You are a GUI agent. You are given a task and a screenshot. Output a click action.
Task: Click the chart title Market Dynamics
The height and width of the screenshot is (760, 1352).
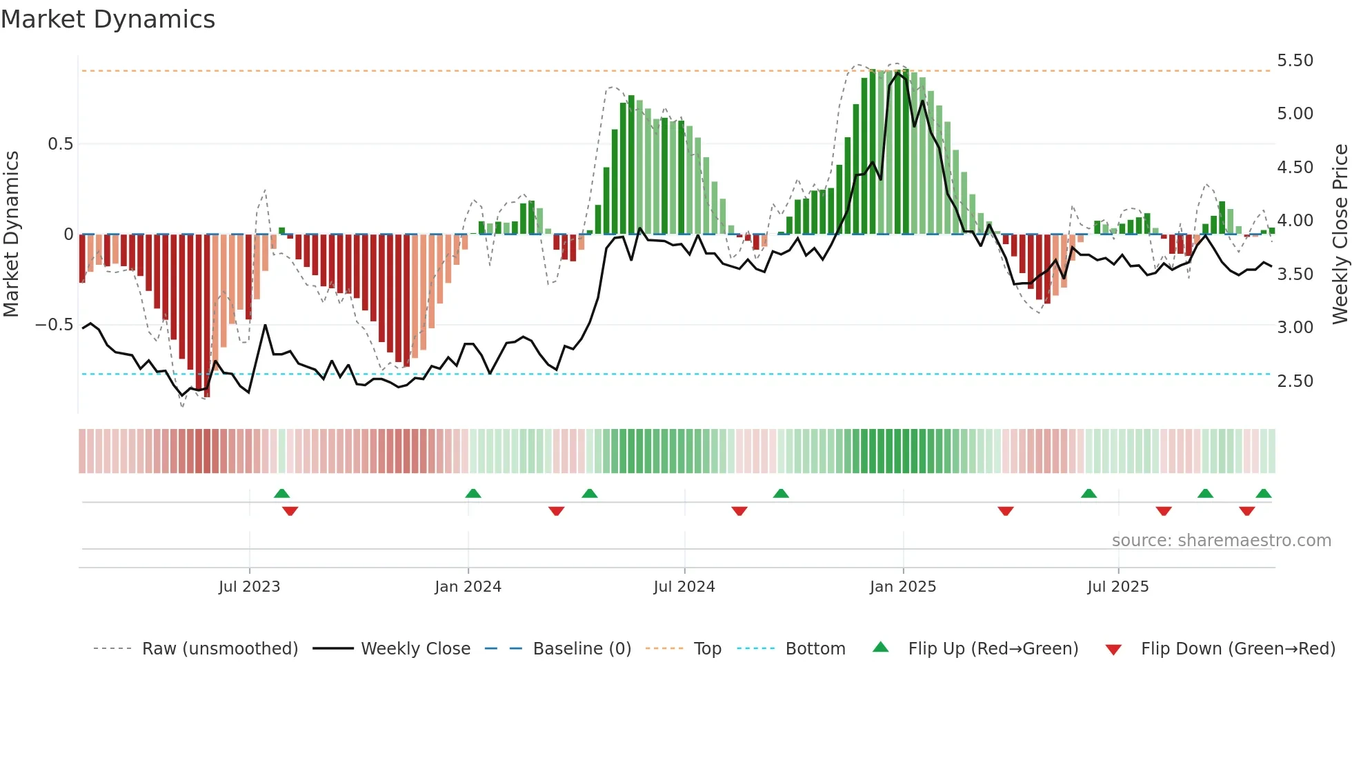(x=108, y=19)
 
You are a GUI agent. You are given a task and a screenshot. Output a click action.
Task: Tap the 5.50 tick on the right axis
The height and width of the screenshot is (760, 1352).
(x=1295, y=61)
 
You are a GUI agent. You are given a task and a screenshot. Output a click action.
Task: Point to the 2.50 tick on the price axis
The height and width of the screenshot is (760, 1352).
(x=1295, y=381)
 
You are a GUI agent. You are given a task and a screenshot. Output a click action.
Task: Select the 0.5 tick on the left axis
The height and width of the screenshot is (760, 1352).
(x=60, y=144)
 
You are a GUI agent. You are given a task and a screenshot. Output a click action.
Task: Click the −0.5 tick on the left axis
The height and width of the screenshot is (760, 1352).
(x=54, y=325)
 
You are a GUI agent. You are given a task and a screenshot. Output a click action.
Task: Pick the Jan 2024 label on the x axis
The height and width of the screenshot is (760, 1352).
(x=468, y=587)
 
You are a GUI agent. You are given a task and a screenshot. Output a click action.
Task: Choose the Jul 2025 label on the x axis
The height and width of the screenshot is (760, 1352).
(x=1117, y=587)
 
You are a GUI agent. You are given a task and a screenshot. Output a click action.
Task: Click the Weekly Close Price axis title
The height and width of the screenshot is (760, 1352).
(x=1340, y=234)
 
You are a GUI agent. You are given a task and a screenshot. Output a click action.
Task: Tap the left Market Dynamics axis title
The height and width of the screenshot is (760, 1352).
(x=11, y=234)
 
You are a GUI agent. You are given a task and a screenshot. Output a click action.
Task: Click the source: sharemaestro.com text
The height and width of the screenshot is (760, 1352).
(x=1221, y=541)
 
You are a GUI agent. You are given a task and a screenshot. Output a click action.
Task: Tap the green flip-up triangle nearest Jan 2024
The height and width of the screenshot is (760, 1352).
(x=473, y=494)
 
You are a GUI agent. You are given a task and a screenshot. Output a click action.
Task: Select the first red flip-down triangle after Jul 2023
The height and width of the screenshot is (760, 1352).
(x=290, y=511)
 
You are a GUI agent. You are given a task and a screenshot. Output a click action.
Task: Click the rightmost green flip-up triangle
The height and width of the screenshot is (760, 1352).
(x=1263, y=494)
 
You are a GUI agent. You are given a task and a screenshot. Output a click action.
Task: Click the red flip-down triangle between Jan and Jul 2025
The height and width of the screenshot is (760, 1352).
(x=1005, y=511)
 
